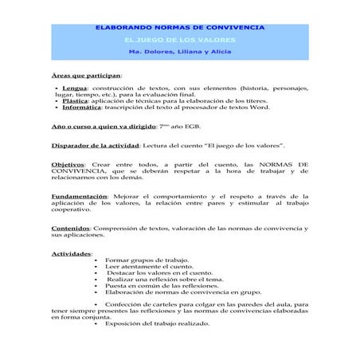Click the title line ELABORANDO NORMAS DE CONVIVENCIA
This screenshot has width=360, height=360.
(x=180, y=28)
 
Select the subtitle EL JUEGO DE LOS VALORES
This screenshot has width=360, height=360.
(x=180, y=40)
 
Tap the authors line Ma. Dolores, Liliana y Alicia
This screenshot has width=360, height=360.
(x=180, y=52)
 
